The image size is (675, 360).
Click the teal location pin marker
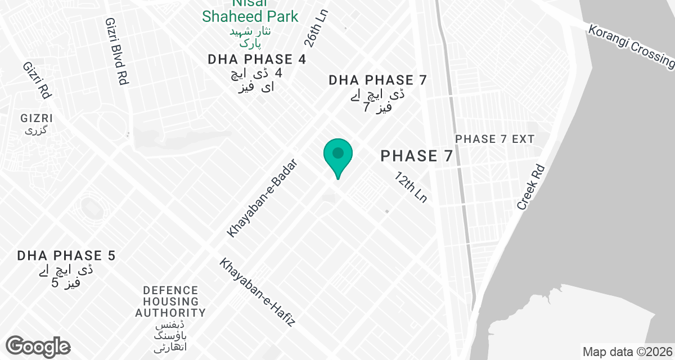click(338, 155)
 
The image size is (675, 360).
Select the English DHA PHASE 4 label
click(256, 60)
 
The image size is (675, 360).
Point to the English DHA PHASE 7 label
click(378, 80)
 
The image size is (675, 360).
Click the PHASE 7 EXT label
click(494, 139)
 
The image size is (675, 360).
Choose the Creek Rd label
click(532, 187)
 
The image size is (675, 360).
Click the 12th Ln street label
click(411, 188)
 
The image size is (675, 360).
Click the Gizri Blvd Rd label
click(115, 51)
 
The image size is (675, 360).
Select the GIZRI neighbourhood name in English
click(37, 119)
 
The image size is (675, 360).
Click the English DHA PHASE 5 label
click(66, 256)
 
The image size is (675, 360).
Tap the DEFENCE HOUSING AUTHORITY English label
click(170, 301)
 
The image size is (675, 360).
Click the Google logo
click(38, 346)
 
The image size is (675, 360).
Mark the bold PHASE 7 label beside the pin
click(417, 156)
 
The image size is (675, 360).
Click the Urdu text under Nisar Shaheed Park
click(250, 37)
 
